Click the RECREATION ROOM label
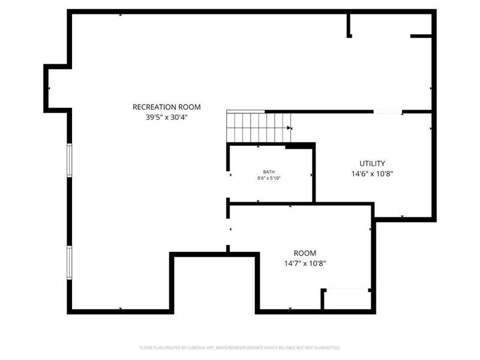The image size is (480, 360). [x=167, y=107]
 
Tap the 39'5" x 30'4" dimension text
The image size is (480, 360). [x=167, y=118]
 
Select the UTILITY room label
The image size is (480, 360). [x=372, y=163]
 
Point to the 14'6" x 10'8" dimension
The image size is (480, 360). [x=372, y=174]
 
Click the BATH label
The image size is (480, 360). [x=269, y=172]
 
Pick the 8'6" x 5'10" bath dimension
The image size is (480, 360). [x=269, y=178]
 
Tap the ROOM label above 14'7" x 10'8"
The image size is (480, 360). [x=305, y=253]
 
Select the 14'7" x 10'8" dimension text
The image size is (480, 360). [x=305, y=263]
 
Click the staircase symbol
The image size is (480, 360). [x=258, y=127]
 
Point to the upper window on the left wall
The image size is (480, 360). [x=70, y=160]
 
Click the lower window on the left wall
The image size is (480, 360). [x=70, y=262]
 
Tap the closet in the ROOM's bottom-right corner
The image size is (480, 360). [x=347, y=299]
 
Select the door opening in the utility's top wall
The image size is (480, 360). [x=388, y=112]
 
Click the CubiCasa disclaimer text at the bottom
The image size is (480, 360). [x=240, y=347]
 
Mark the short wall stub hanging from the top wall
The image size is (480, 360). [x=349, y=25]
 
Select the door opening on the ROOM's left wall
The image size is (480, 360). [x=228, y=231]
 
